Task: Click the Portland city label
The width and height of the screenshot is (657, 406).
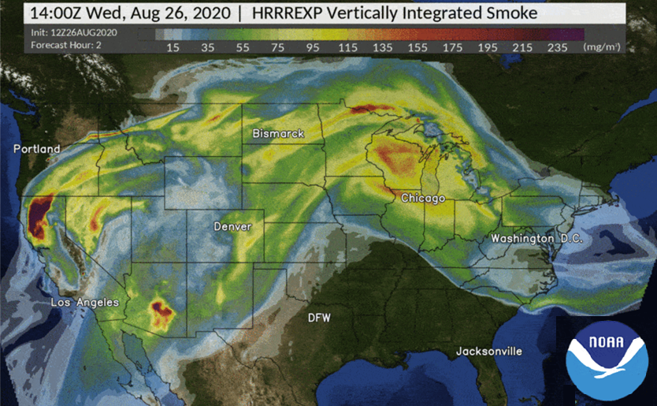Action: click(36, 149)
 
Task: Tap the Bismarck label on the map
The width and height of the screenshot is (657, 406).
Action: click(278, 134)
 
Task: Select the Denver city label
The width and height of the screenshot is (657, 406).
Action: click(232, 227)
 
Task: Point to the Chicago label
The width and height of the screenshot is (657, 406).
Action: click(423, 198)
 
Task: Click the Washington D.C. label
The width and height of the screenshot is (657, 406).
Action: click(536, 239)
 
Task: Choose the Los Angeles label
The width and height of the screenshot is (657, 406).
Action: click(85, 303)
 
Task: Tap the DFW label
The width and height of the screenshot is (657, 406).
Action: click(319, 318)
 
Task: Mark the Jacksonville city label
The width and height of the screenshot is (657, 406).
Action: click(489, 350)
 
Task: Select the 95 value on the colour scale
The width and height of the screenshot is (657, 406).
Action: click(313, 47)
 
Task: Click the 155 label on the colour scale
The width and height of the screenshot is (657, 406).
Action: click(418, 47)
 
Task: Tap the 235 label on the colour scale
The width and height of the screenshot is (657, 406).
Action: click(557, 47)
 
